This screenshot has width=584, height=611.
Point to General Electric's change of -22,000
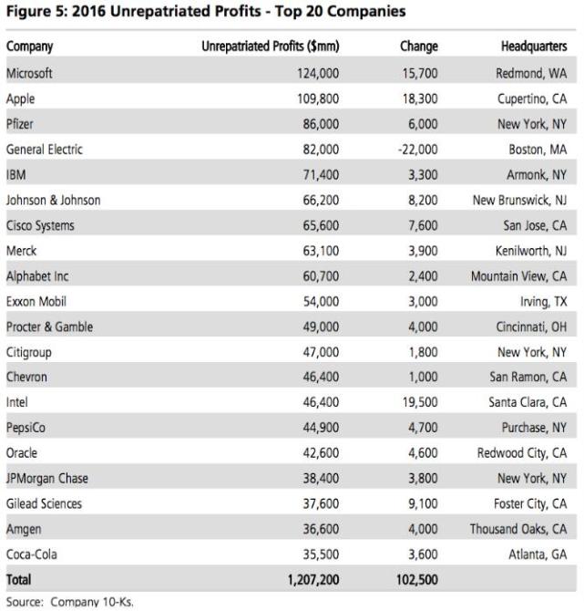[417, 150]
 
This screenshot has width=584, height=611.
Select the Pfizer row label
[22, 123]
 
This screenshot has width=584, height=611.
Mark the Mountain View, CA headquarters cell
[520, 274]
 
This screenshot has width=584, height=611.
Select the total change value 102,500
[415, 579]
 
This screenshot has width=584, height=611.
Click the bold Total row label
[19, 579]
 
